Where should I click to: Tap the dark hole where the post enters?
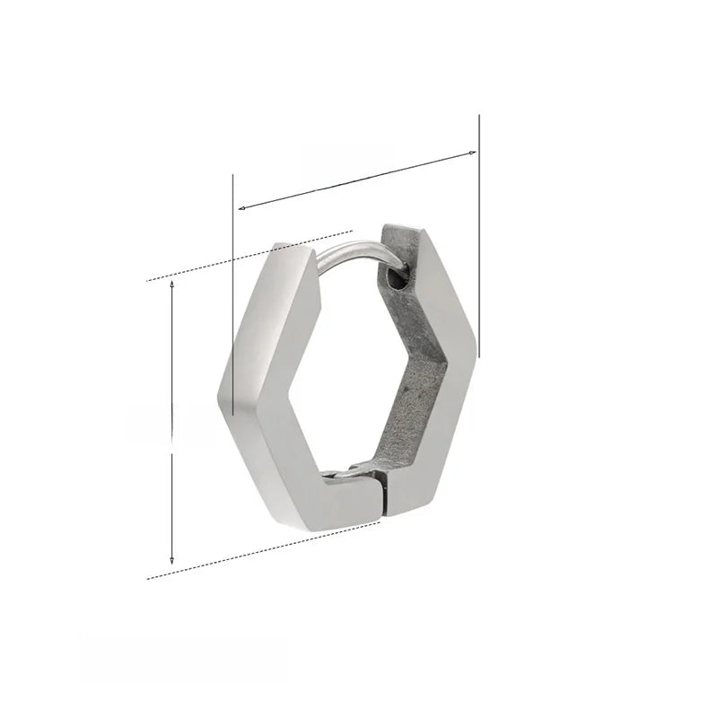click(398, 280)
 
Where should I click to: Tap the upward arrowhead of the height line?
click(171, 285)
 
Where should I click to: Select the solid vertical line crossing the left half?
click(233, 296)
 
